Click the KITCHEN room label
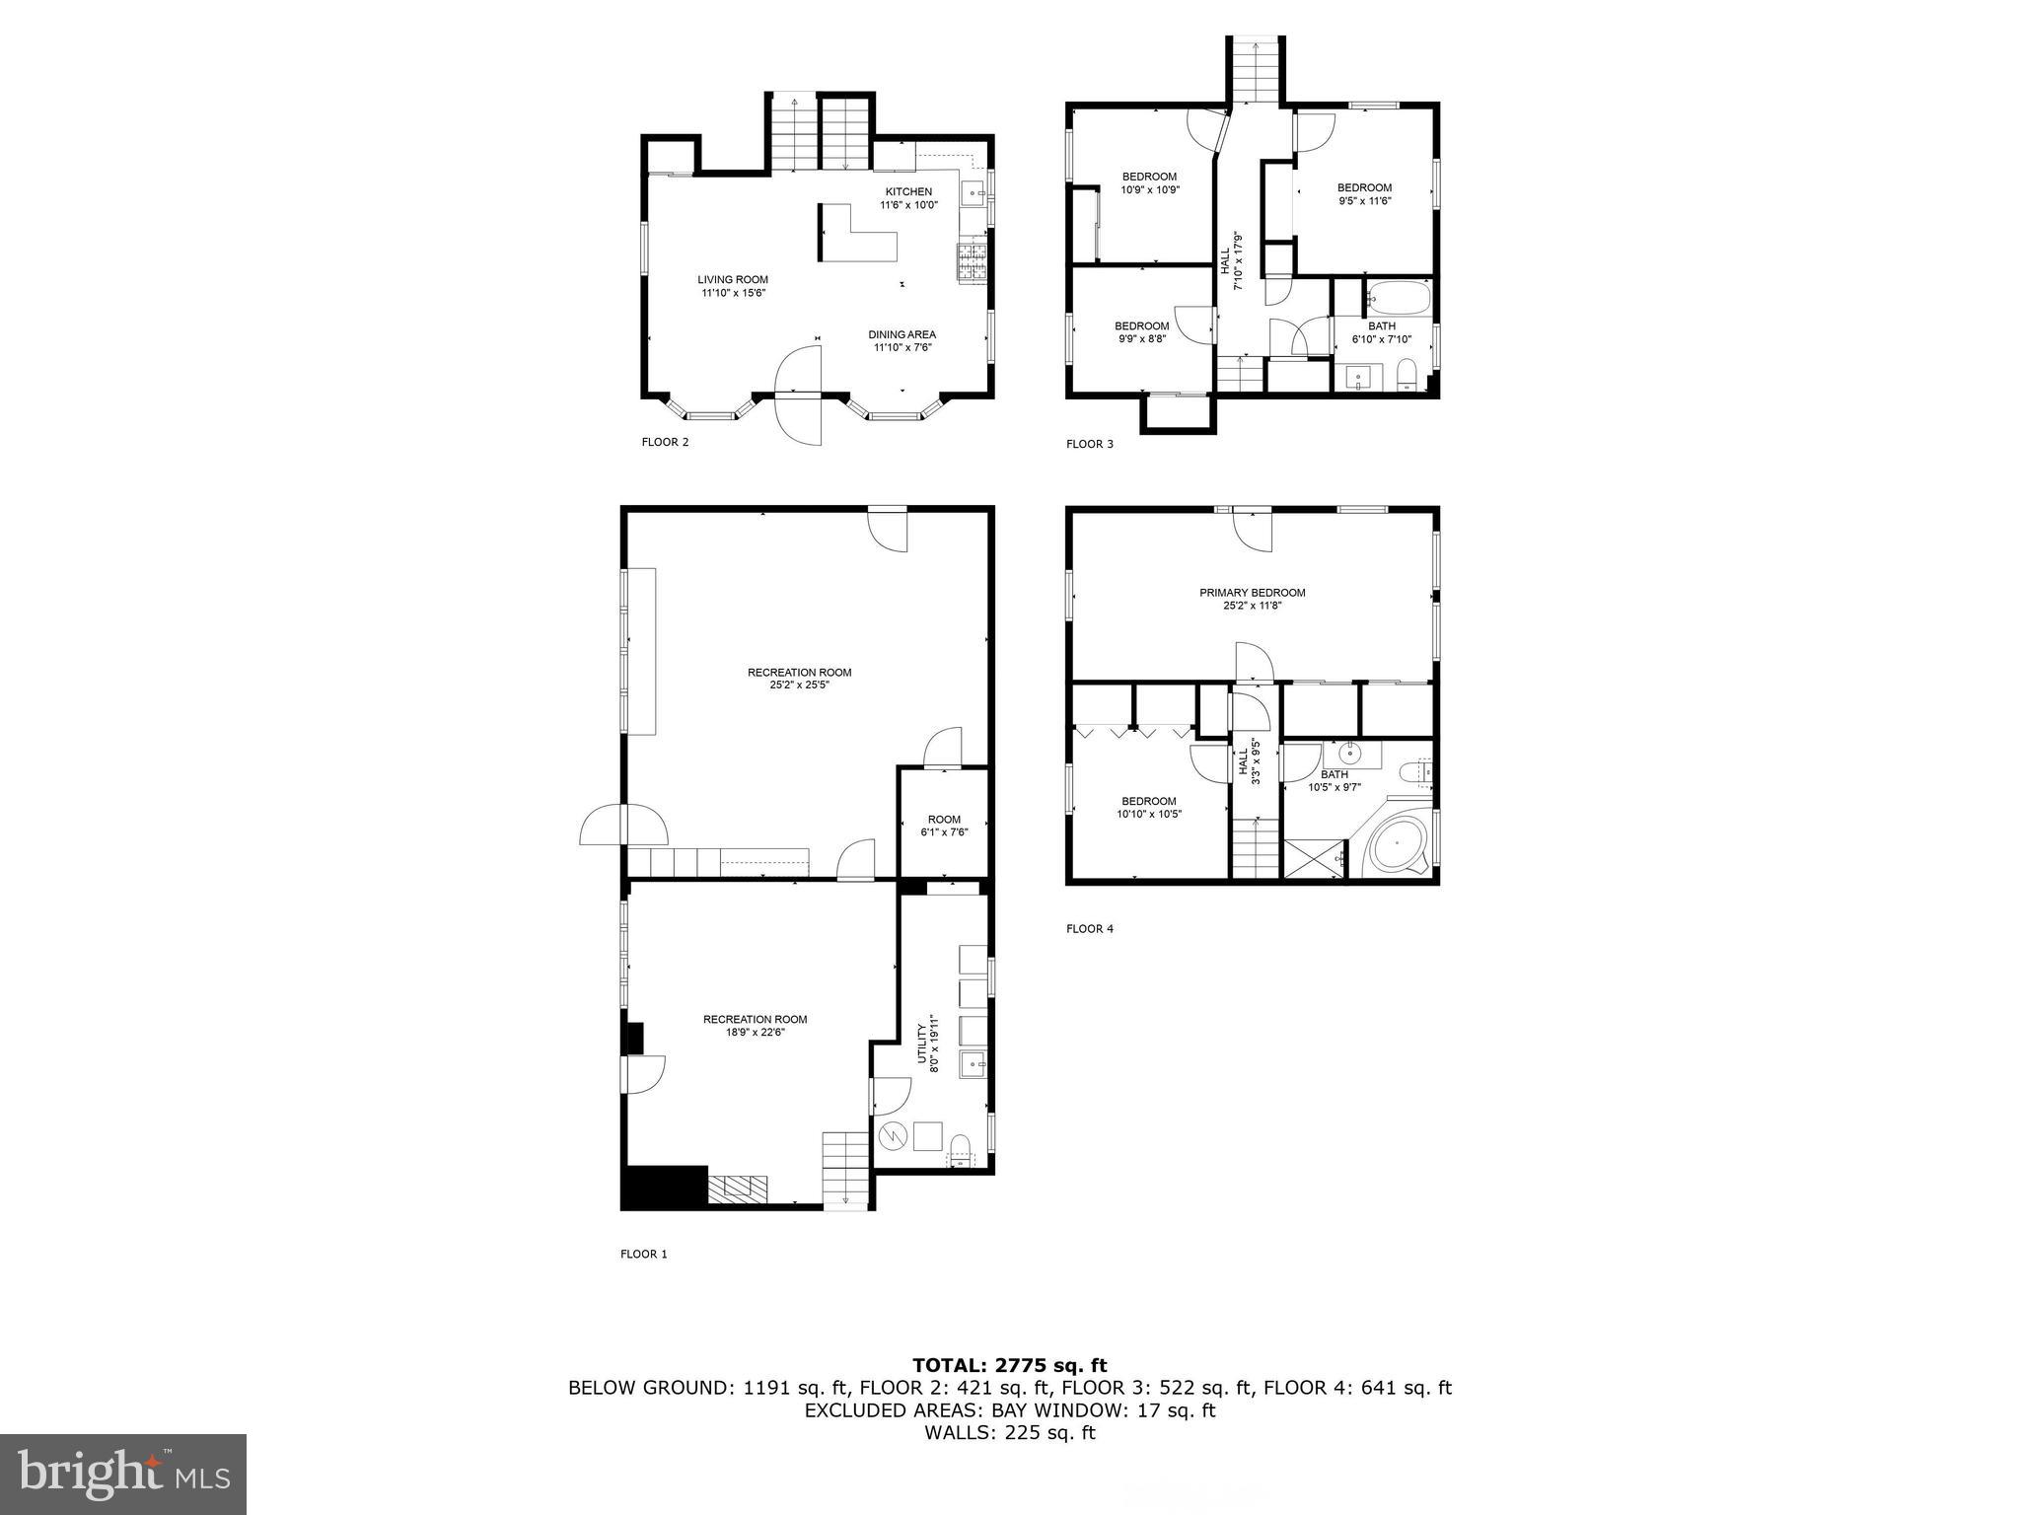coord(908,191)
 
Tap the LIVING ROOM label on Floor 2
coord(733,279)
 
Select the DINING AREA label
coord(902,334)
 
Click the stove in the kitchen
coord(972,262)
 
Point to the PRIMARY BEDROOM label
coord(1252,593)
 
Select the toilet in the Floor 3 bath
coord(1407,376)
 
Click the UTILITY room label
coord(922,1043)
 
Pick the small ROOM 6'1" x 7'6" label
coord(944,820)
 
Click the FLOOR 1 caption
coord(644,1255)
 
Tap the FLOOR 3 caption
coord(1090,444)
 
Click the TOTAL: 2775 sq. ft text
coord(1009,1366)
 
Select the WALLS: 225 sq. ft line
coord(1009,1433)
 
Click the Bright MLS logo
coord(123,1474)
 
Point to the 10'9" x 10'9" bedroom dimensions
coord(1149,189)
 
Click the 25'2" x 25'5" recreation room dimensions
coord(799,685)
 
